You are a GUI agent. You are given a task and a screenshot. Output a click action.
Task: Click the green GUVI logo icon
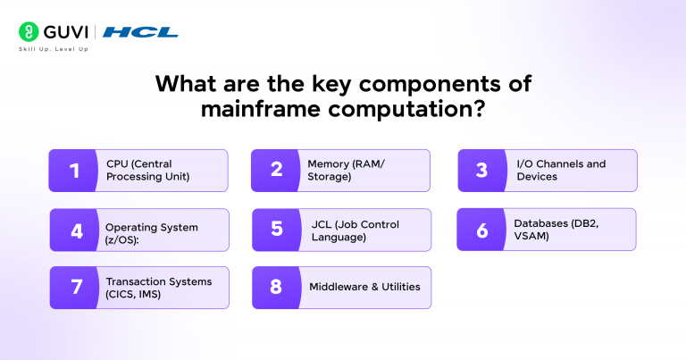click(x=30, y=32)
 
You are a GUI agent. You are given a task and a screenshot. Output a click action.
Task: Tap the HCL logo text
click(x=140, y=32)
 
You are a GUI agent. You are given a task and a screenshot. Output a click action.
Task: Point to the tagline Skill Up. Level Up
click(x=53, y=49)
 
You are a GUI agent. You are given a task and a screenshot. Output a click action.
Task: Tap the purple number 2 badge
click(x=277, y=171)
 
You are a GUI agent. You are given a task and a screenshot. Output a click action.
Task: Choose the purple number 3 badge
click(x=481, y=171)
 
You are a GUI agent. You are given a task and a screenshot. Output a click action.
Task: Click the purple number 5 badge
click(x=277, y=230)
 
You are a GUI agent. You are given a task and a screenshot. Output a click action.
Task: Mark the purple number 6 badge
click(x=481, y=230)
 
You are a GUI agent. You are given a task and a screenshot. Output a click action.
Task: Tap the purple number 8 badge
click(x=277, y=288)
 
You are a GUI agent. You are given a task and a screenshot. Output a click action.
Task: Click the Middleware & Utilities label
click(x=364, y=287)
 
